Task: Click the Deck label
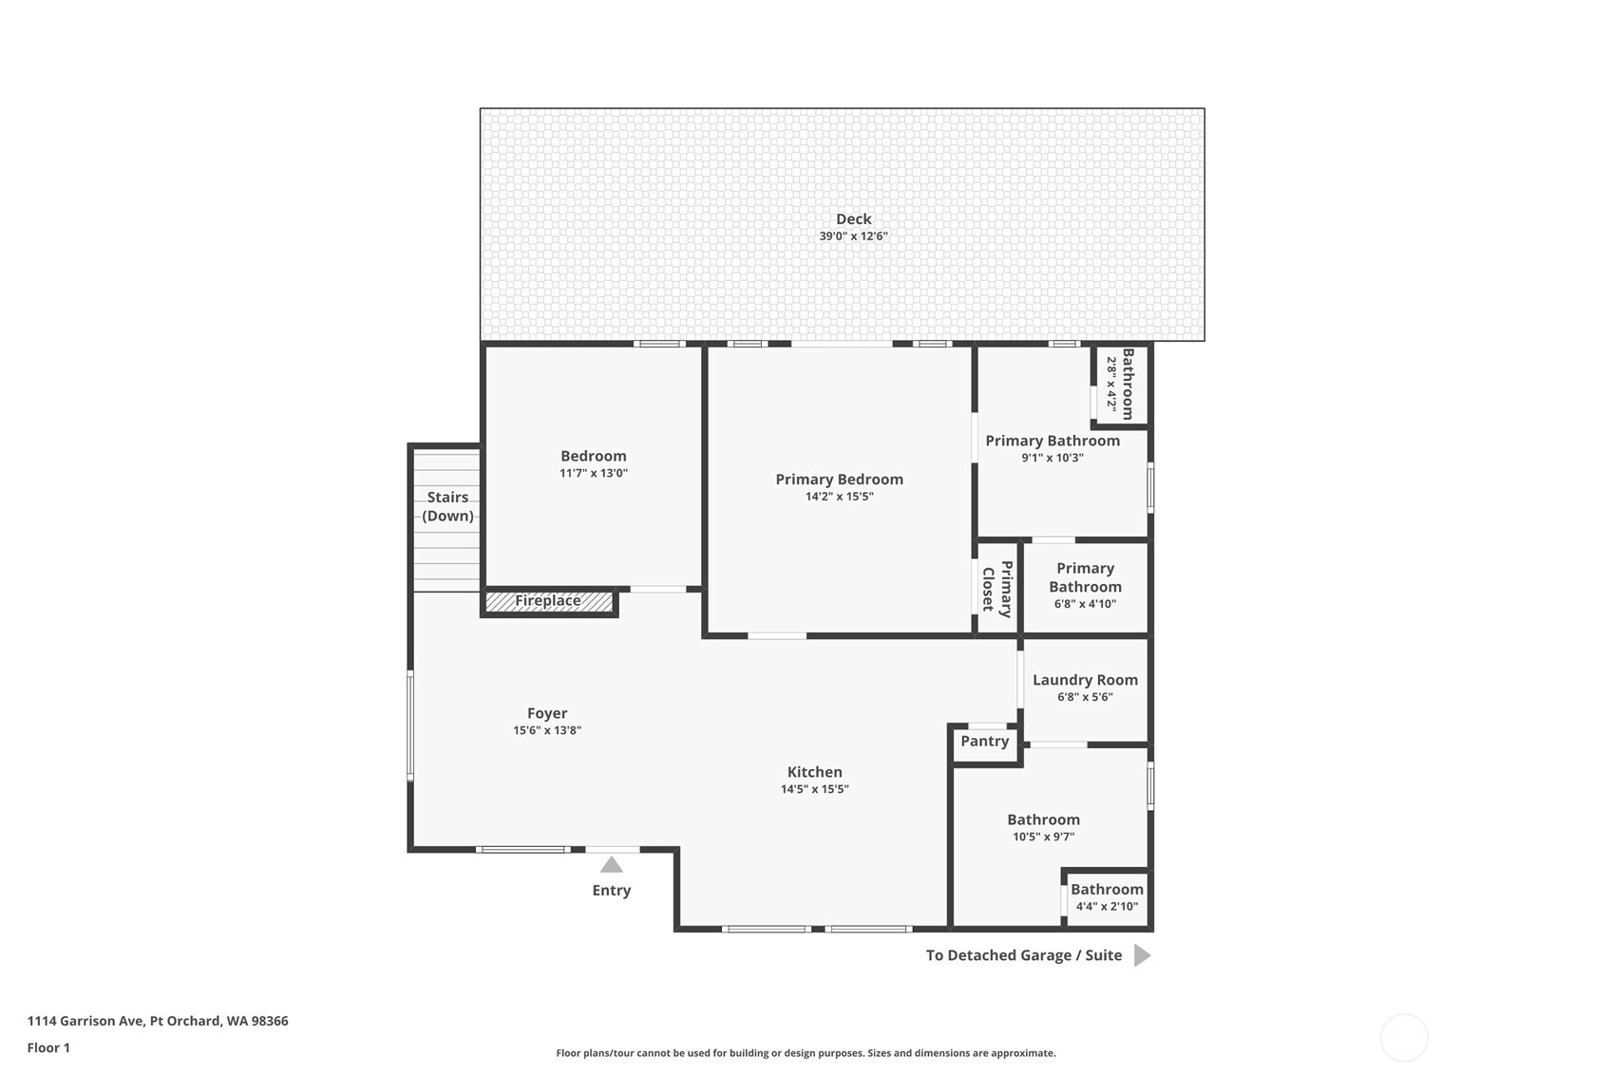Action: [854, 218]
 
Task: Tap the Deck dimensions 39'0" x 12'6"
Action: [854, 236]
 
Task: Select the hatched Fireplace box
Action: [548, 601]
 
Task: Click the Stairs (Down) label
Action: [447, 506]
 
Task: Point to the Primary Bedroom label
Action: [839, 480]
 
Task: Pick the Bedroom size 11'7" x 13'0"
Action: [594, 473]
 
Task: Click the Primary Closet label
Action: [997, 589]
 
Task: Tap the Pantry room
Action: [985, 744]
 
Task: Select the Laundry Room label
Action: [1085, 680]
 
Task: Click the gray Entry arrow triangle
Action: [611, 864]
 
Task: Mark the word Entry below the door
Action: [612, 891]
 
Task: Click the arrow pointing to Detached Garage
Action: [1142, 955]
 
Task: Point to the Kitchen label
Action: [815, 772]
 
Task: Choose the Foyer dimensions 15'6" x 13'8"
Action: [547, 730]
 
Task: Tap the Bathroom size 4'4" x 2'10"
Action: [1107, 906]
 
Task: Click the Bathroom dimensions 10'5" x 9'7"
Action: [1044, 837]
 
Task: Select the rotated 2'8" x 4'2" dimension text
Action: [1111, 385]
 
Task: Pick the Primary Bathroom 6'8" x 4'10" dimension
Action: [1085, 604]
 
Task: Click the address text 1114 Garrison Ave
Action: [86, 1021]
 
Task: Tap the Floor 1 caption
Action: [49, 1047]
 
